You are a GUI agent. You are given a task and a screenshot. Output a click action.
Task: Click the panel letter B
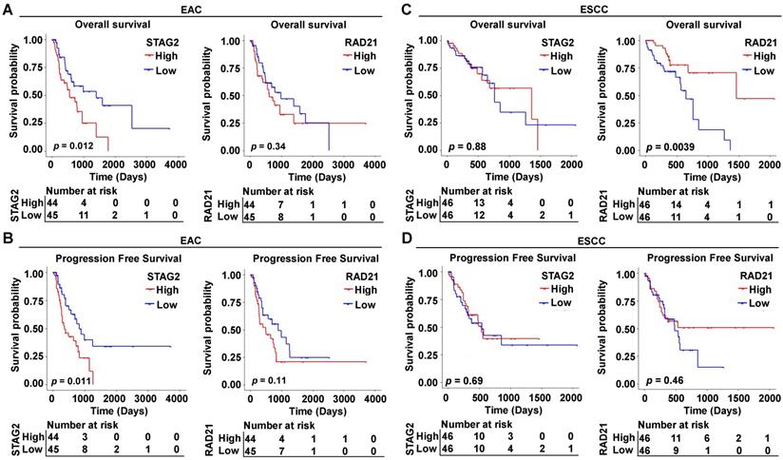[7, 245]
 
